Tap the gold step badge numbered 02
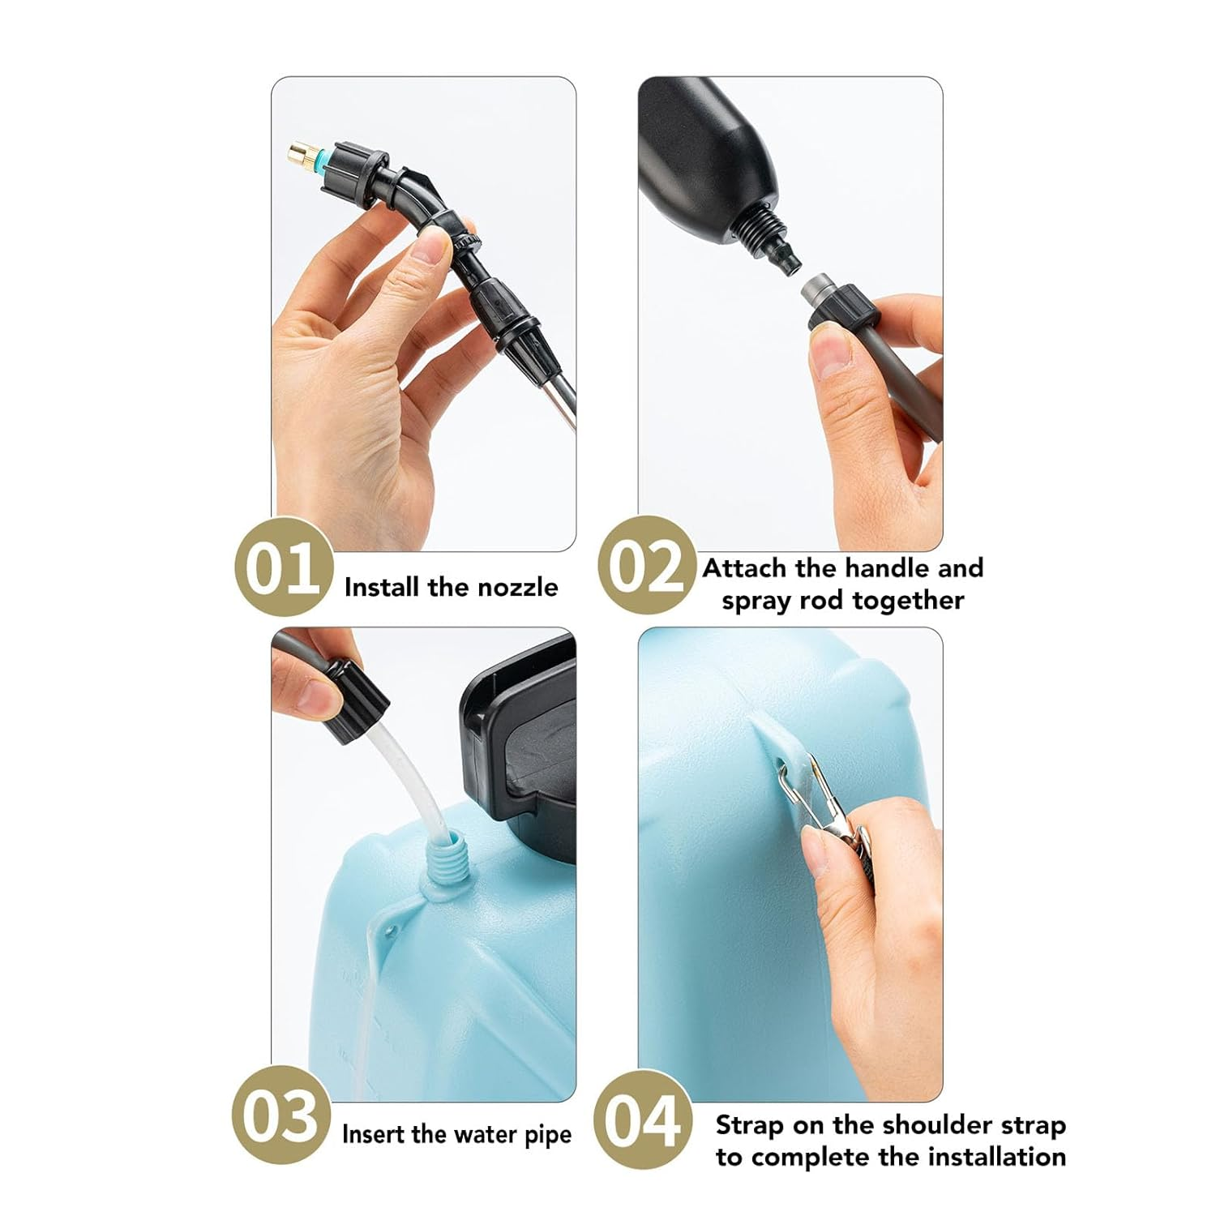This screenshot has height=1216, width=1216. pos(647,565)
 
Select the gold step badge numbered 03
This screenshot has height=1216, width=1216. pos(281,1117)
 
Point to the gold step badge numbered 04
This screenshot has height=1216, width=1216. pos(643,1120)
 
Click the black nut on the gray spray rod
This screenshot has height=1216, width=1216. pos(842,310)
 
